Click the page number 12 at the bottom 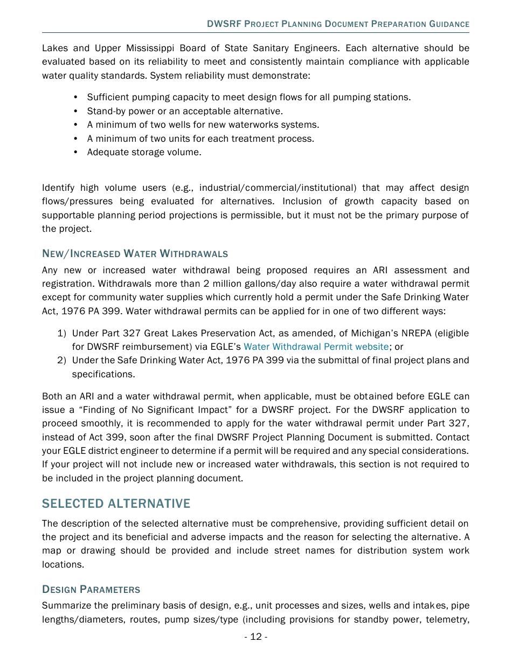pos(255,637)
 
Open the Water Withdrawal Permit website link pos(316,347)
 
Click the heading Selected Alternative pos(116,503)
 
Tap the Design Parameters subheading pos(91,589)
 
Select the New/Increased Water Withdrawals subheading pos(135,253)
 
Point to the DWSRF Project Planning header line pos(338,24)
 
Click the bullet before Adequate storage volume pos(76,152)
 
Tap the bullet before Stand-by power pos(76,111)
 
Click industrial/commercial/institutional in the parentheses pos(278,188)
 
